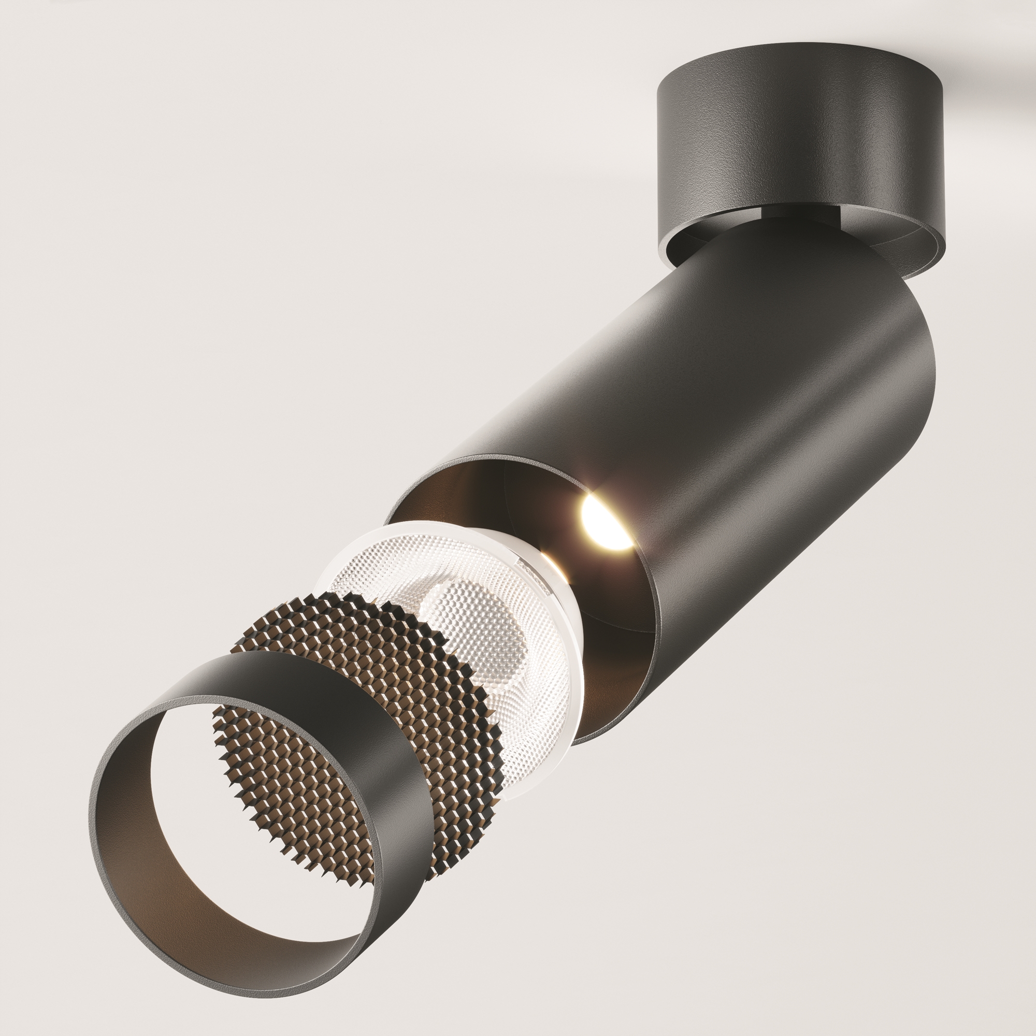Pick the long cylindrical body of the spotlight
pos(751,429)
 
